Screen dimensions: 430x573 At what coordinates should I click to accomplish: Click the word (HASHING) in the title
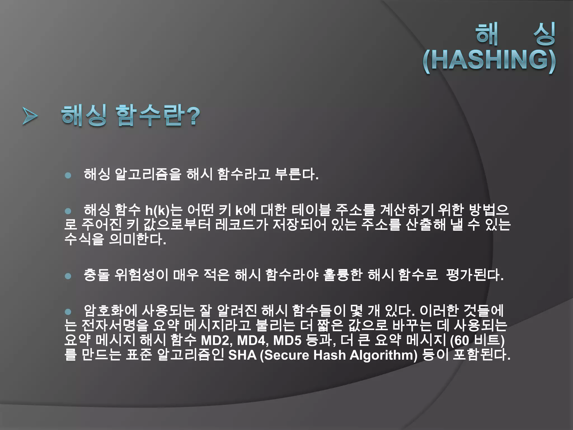[489, 60]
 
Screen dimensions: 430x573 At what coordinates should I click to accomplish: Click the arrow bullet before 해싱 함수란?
[30, 116]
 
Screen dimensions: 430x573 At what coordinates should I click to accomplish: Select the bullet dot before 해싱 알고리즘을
[68, 176]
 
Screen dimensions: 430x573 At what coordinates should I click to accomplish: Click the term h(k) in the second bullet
[158, 211]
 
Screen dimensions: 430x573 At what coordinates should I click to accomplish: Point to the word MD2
[217, 341]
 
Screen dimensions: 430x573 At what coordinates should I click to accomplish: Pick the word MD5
[287, 341]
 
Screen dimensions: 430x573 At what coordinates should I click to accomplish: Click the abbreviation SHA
[242, 355]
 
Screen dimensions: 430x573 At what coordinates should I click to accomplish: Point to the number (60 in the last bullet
[459, 341]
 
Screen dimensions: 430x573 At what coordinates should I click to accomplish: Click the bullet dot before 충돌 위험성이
[68, 276]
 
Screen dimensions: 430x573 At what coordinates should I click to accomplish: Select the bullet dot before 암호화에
[68, 312]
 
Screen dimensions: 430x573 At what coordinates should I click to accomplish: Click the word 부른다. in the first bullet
[297, 174]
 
